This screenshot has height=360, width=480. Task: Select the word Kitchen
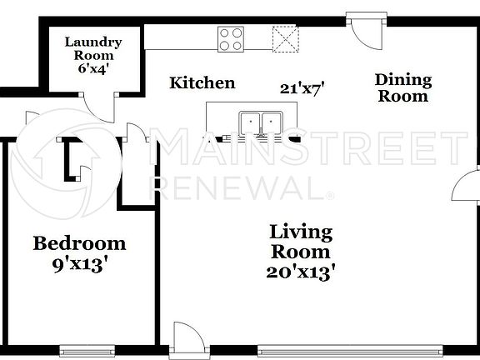pos(202,83)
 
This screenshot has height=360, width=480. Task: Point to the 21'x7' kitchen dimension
pos(302,85)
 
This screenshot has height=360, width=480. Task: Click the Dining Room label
pos(403,87)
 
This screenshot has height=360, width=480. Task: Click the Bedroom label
pos(79,243)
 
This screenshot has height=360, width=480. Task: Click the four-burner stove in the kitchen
pos(231,37)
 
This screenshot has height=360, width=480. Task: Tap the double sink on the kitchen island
pos(261,122)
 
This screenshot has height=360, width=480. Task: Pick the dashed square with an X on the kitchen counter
pos(286,37)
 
